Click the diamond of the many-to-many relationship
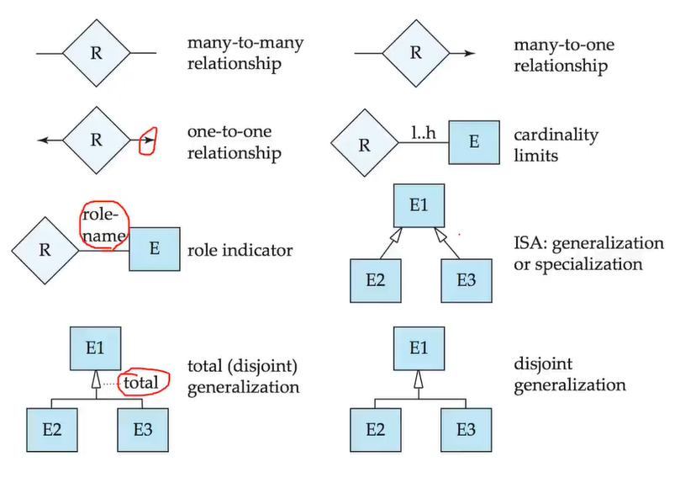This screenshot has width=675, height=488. (96, 53)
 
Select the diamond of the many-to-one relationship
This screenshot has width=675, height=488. (415, 53)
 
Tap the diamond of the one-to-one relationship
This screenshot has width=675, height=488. (96, 140)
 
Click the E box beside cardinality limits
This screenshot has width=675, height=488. (473, 142)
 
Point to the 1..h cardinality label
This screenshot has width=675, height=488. (423, 133)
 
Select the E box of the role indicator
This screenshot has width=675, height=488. (154, 248)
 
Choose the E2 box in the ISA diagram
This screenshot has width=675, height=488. (374, 280)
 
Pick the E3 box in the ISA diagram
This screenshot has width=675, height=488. (464, 280)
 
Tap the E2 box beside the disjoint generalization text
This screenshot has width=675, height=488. (374, 429)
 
